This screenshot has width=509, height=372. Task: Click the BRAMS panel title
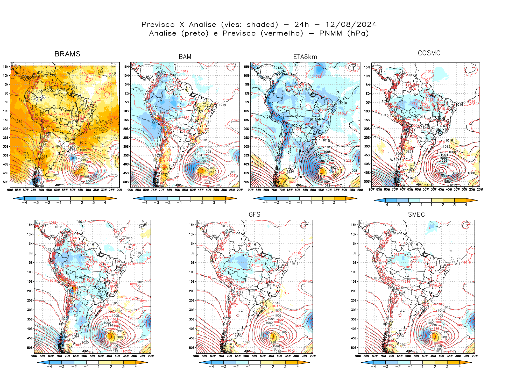click(x=67, y=54)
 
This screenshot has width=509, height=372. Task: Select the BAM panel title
click(x=185, y=57)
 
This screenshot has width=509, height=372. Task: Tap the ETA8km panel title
click(x=305, y=57)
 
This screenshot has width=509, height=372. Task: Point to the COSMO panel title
click(x=429, y=53)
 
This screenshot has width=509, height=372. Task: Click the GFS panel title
click(x=254, y=214)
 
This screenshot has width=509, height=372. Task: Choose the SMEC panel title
click(x=416, y=214)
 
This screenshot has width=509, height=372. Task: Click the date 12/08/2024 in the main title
click(x=351, y=25)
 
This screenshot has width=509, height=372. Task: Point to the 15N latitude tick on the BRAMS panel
click(x=6, y=67)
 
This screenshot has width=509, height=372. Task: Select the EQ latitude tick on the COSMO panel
click(x=367, y=94)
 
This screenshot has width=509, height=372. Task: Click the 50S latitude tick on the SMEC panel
click(x=354, y=348)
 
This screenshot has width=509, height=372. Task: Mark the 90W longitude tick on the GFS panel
click(x=196, y=356)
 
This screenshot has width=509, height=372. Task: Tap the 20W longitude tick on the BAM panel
click(x=240, y=190)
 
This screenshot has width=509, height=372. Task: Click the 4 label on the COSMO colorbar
click(x=466, y=205)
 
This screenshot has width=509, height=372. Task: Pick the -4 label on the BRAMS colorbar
click(x=24, y=203)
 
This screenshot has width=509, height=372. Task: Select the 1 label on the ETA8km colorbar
click(x=311, y=203)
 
